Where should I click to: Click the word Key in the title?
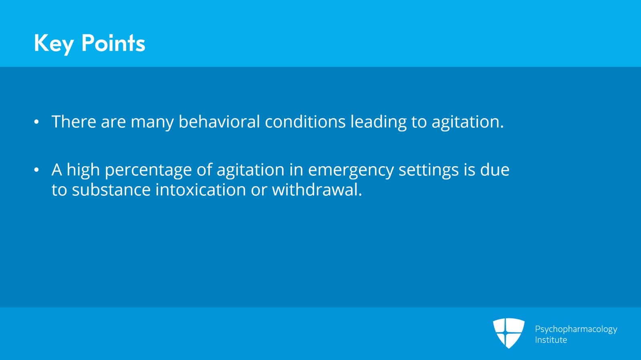point(54,44)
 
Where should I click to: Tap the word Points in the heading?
point(113,43)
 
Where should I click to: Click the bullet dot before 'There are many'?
point(36,122)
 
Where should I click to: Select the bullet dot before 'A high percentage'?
point(36,170)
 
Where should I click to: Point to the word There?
point(74,121)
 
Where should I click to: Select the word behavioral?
point(219,121)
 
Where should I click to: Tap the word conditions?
point(305,121)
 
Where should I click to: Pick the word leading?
point(379,123)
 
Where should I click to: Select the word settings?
point(429,171)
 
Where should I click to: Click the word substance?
point(111,189)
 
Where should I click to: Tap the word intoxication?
point(201,189)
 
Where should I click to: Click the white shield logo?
point(508,333)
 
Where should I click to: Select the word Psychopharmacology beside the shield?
point(576,330)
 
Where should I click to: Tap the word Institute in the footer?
point(551,340)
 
